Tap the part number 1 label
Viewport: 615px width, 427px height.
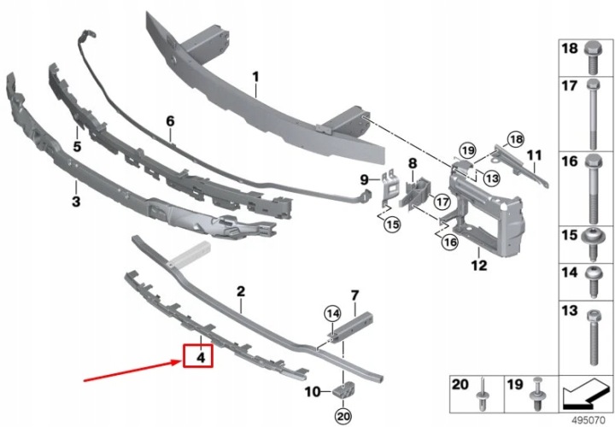click(255, 77)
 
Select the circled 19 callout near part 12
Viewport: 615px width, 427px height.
click(467, 150)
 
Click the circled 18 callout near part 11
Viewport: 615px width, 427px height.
click(516, 139)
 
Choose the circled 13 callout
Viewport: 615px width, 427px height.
click(491, 178)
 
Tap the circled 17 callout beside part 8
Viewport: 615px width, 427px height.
click(442, 202)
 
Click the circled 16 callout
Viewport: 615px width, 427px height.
click(449, 242)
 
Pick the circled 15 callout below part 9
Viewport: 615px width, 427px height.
click(392, 225)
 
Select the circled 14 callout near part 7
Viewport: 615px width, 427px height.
click(332, 313)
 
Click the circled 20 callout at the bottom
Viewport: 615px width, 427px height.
click(343, 415)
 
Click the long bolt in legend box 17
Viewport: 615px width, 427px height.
click(593, 114)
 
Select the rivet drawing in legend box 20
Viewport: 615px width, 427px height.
click(483, 393)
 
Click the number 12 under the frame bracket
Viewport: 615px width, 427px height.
click(479, 265)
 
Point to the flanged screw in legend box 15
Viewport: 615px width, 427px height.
click(593, 243)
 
